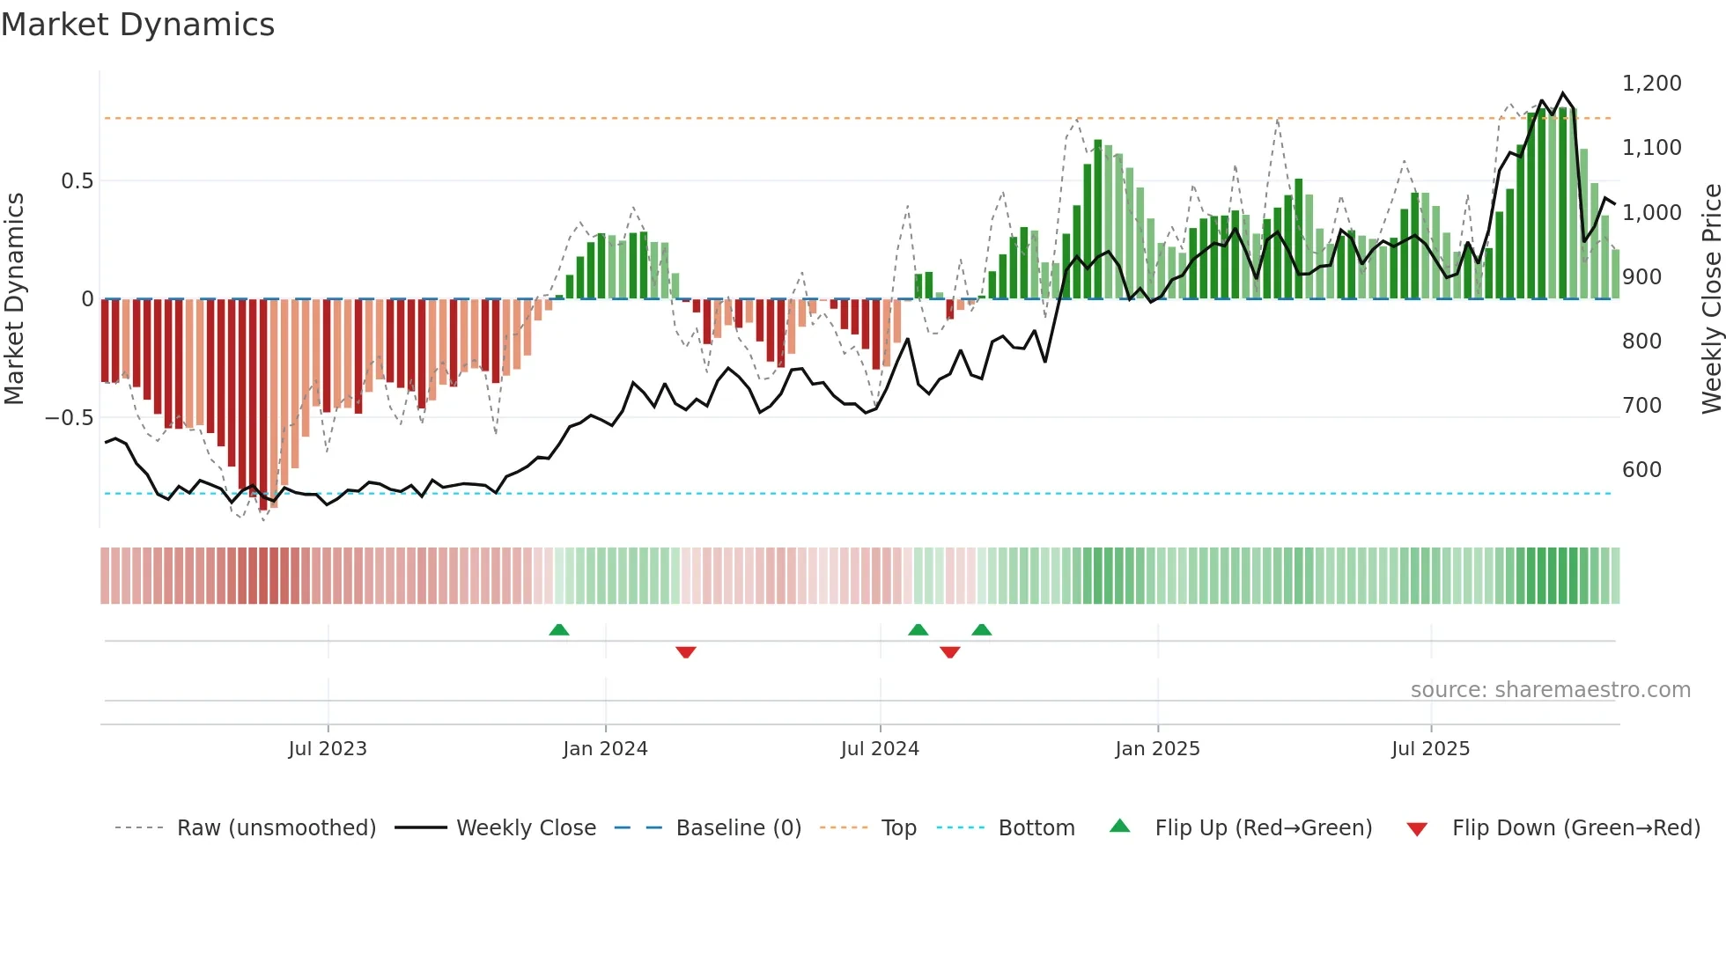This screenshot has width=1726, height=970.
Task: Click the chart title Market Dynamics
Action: pos(137,25)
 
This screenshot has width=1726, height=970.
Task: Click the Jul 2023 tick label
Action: pos(327,749)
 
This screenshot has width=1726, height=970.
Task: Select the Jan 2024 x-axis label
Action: pos(605,749)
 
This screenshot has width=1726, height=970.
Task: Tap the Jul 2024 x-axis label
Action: pos(880,749)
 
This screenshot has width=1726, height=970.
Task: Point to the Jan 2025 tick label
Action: pos(1157,749)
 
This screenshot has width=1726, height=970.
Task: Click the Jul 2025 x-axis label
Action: pos(1430,749)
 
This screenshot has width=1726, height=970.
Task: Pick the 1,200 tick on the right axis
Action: pos(1651,84)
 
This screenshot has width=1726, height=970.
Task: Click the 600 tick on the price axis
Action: pos(1641,470)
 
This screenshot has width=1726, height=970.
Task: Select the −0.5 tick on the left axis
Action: pos(69,418)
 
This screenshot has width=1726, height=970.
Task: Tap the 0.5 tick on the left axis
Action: pos(77,181)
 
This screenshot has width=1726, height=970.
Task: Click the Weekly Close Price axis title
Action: pos(1711,299)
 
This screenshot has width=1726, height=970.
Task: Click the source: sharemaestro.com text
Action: pos(1550,690)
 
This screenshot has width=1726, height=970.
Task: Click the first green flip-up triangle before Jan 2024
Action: pos(558,629)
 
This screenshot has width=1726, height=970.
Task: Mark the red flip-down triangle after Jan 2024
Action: pos(686,652)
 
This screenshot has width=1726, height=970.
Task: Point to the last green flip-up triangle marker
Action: pos(981,629)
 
